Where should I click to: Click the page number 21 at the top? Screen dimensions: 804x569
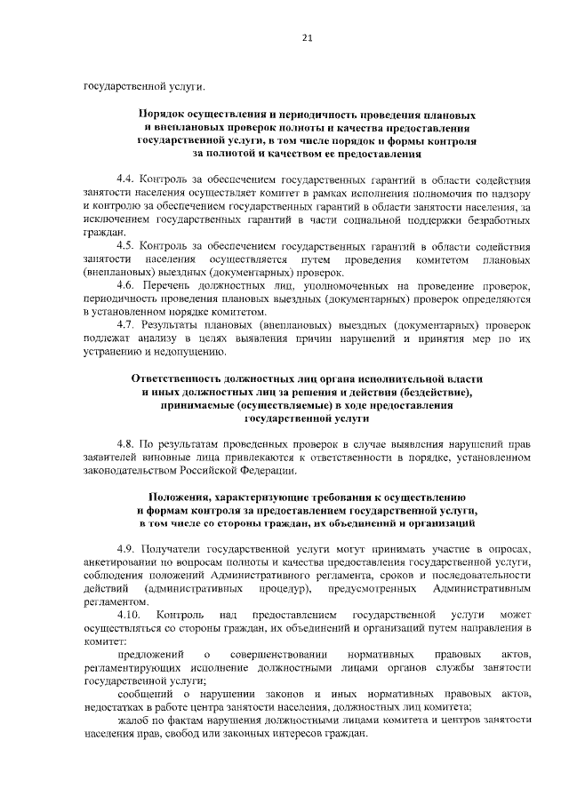click(307, 38)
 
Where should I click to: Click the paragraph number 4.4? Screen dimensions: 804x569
click(126, 179)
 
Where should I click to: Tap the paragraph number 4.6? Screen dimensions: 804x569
click(126, 285)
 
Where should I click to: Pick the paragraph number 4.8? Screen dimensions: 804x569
click(126, 444)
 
